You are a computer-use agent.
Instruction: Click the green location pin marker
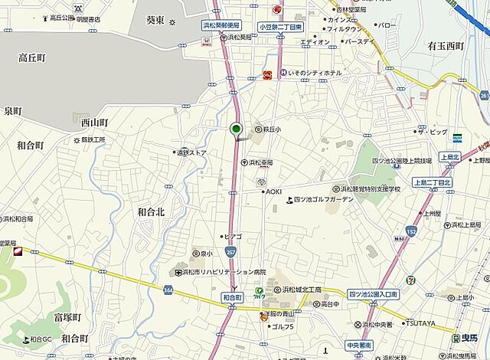pos(237,129)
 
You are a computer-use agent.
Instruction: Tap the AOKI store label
pos(274,191)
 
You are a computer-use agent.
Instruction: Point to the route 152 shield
pos(411,231)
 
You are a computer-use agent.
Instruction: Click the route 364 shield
pos(168,290)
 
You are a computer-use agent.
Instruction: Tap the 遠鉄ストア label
pos(191,152)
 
